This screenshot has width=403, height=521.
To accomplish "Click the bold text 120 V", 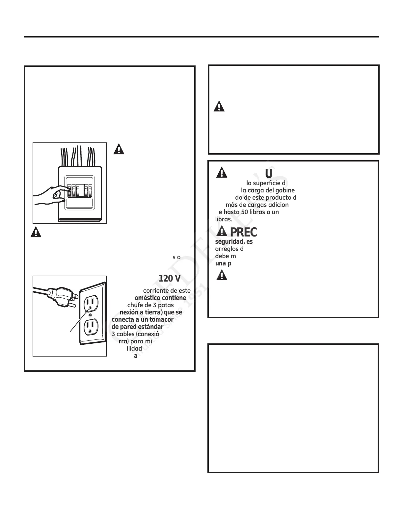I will (x=169, y=279).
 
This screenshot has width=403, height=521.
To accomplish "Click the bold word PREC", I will (x=243, y=232).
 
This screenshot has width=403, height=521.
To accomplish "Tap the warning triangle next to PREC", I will (x=222, y=232).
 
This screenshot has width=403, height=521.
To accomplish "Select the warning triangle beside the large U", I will (x=222, y=172).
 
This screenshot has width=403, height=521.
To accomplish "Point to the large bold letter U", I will (x=269, y=173).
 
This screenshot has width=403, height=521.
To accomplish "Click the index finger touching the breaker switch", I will (x=65, y=189).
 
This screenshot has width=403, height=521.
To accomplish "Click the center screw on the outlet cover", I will (x=90, y=315).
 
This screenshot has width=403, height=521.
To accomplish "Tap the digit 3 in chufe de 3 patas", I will (x=150, y=305).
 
